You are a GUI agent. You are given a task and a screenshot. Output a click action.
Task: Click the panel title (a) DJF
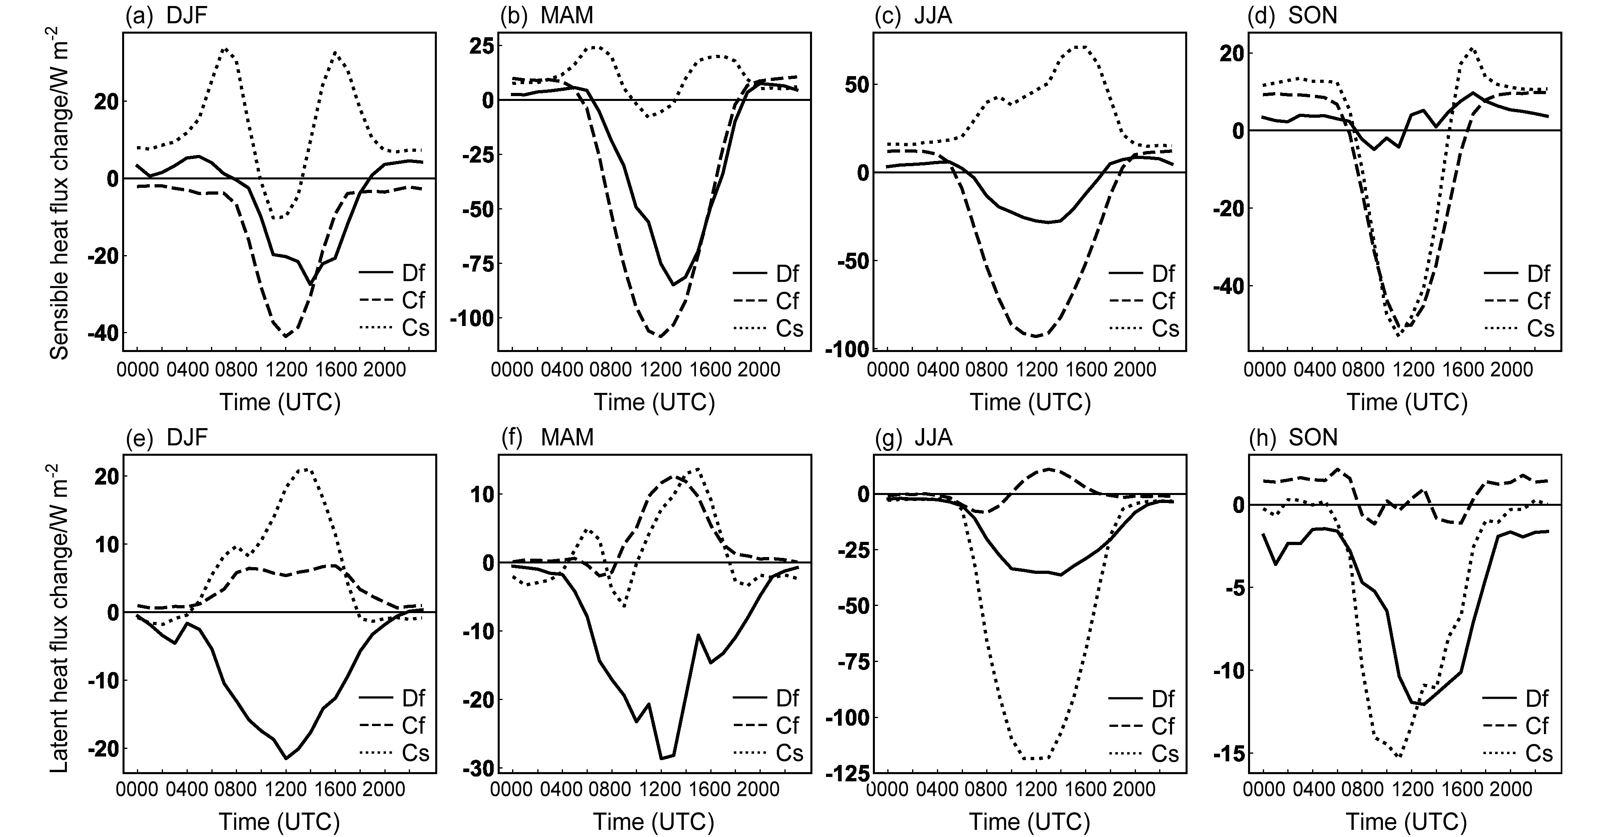[166, 15]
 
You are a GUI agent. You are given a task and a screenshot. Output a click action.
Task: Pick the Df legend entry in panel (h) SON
[1518, 698]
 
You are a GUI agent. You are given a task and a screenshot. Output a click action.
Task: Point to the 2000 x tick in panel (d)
[1507, 370]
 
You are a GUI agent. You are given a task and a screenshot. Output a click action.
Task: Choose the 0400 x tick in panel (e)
[186, 790]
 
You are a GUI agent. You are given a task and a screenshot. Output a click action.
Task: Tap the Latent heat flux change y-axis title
[60, 618]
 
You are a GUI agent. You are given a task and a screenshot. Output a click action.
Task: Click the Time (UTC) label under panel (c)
[1030, 402]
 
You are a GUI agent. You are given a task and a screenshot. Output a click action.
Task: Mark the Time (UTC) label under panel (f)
[653, 821]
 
